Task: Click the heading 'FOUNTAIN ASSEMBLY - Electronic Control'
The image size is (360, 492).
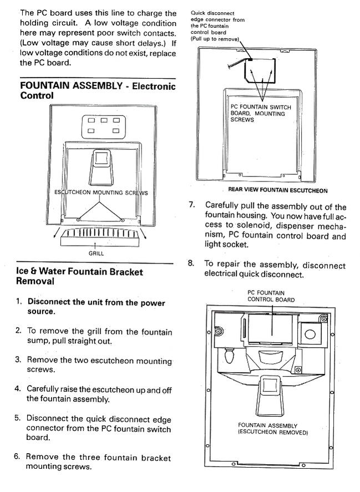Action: (x=98, y=90)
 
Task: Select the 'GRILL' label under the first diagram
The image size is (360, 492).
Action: (x=96, y=253)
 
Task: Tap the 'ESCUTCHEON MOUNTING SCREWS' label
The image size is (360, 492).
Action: (x=101, y=192)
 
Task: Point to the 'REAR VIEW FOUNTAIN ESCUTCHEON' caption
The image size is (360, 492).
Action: (x=278, y=190)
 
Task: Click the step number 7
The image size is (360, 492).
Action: (x=192, y=205)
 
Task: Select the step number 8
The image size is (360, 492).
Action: (x=191, y=263)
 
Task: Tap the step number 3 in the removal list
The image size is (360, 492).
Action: (x=18, y=359)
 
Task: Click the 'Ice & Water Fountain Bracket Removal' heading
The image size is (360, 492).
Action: (x=80, y=276)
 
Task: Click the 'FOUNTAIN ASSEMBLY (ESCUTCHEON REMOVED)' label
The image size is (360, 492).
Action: (x=273, y=429)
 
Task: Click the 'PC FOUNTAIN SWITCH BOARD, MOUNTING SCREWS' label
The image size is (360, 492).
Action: (x=261, y=113)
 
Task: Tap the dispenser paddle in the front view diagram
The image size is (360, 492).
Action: (x=101, y=168)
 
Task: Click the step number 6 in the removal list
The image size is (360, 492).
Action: (x=17, y=456)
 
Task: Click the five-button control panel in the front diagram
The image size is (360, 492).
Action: (x=104, y=126)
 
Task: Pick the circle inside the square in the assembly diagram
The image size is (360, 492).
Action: (x=310, y=333)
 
